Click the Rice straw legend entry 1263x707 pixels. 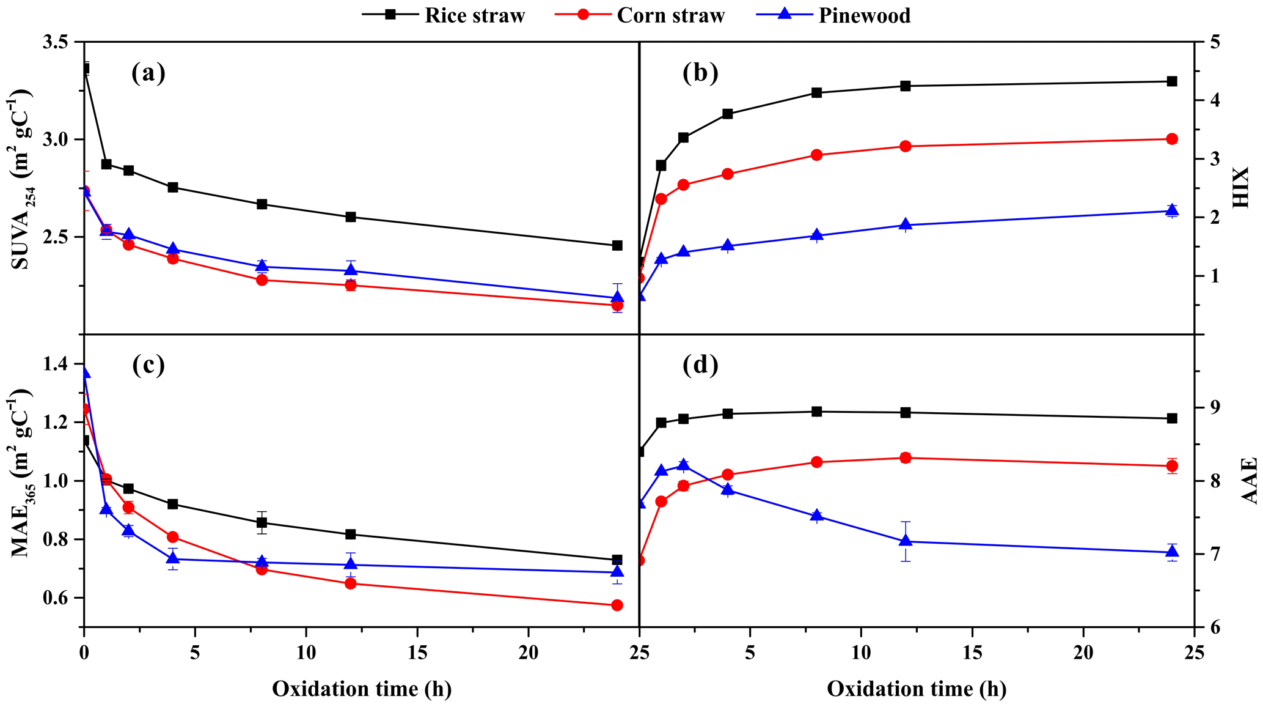click(x=444, y=15)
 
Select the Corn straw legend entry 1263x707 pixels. click(x=640, y=15)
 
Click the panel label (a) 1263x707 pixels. click(x=148, y=73)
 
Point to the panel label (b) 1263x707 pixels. click(x=700, y=73)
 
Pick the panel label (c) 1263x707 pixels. click(x=148, y=365)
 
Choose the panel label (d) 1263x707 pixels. click(x=700, y=365)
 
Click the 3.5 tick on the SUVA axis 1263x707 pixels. click(x=60, y=42)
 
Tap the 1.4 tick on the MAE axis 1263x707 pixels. click(x=60, y=365)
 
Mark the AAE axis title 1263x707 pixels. click(x=1249, y=481)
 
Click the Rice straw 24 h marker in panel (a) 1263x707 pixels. click(x=617, y=245)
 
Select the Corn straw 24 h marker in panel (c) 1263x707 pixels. click(x=617, y=605)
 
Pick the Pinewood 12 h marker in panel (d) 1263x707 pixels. click(x=906, y=541)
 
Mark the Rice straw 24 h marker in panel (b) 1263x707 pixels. click(x=1172, y=81)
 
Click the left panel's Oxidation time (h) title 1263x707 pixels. click(x=362, y=689)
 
